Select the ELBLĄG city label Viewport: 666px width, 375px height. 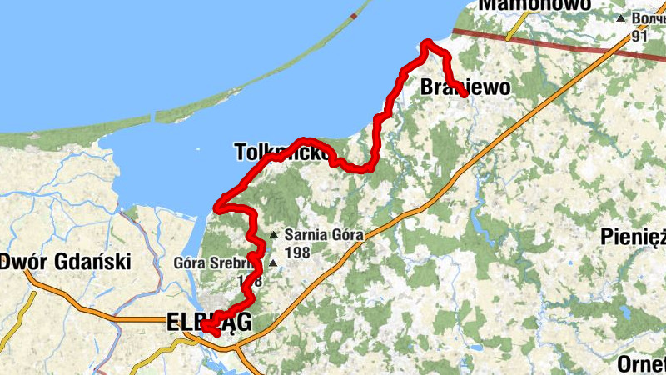click(x=208, y=321)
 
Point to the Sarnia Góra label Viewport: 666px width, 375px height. click(x=325, y=235)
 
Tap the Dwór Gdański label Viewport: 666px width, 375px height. click(x=66, y=262)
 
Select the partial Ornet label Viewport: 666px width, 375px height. click(x=641, y=364)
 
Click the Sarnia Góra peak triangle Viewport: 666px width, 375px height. click(x=274, y=235)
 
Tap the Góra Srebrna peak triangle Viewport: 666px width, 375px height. click(x=272, y=263)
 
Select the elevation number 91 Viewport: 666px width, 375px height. click(x=639, y=36)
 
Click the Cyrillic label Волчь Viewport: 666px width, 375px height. click(x=648, y=17)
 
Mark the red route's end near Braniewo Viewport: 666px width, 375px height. click(x=464, y=95)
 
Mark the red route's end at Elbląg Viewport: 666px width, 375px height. click(x=204, y=327)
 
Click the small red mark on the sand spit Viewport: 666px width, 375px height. click(x=355, y=15)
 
